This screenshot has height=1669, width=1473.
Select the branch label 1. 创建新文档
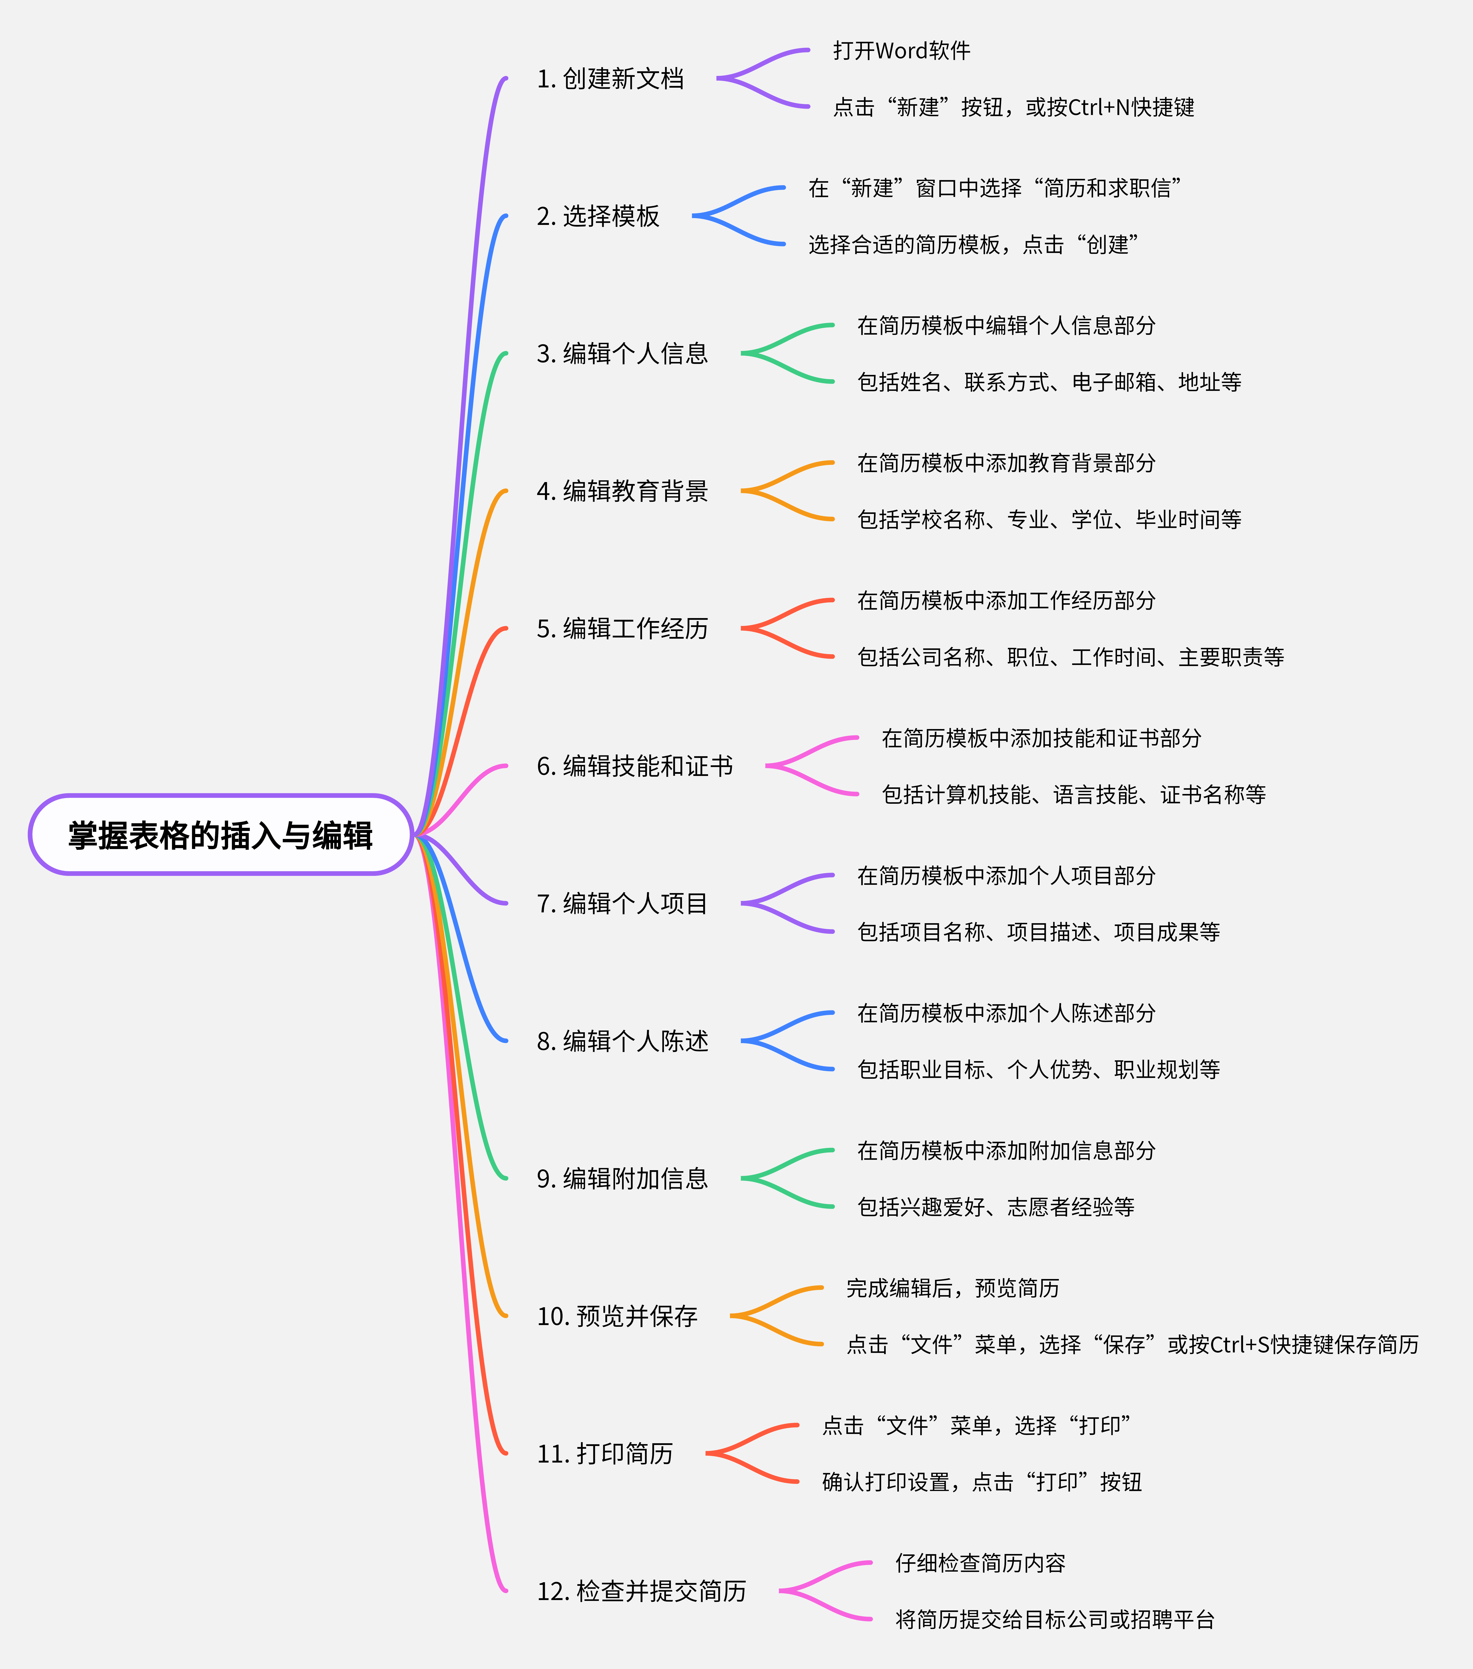[610, 79]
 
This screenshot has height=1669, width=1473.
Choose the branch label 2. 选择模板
[598, 216]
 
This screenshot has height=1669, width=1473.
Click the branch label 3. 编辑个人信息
[622, 353]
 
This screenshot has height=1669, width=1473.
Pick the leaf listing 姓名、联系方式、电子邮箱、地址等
[1049, 382]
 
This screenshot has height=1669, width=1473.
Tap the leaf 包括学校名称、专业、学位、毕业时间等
[1049, 519]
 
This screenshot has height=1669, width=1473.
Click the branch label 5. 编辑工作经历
[622, 629]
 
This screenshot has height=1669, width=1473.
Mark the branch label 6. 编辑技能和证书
[634, 766]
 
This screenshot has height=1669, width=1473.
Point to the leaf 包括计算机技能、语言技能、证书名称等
[1074, 794]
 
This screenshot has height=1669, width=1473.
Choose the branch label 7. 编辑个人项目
[622, 904]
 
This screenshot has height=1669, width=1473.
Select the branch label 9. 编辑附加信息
[622, 1179]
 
